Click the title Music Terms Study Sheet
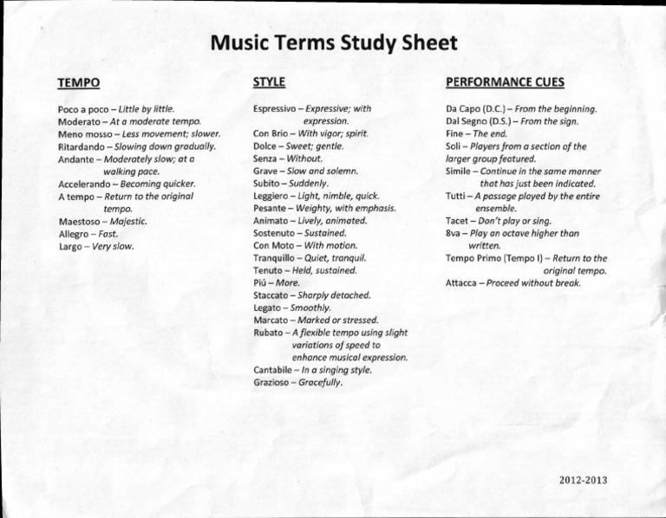(x=334, y=42)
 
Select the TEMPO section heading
(x=78, y=83)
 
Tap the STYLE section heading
(x=269, y=81)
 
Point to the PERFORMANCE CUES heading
(x=505, y=82)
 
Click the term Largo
(x=70, y=246)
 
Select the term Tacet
(x=457, y=221)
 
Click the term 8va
(x=454, y=233)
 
